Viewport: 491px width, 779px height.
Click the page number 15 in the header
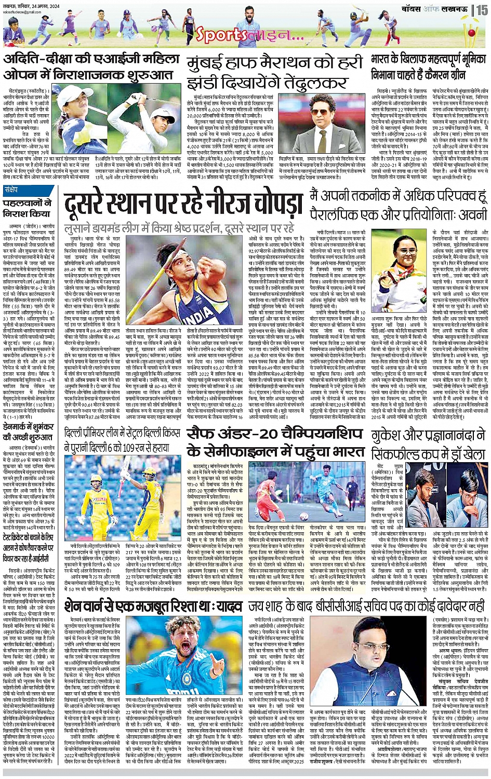(482, 9)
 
